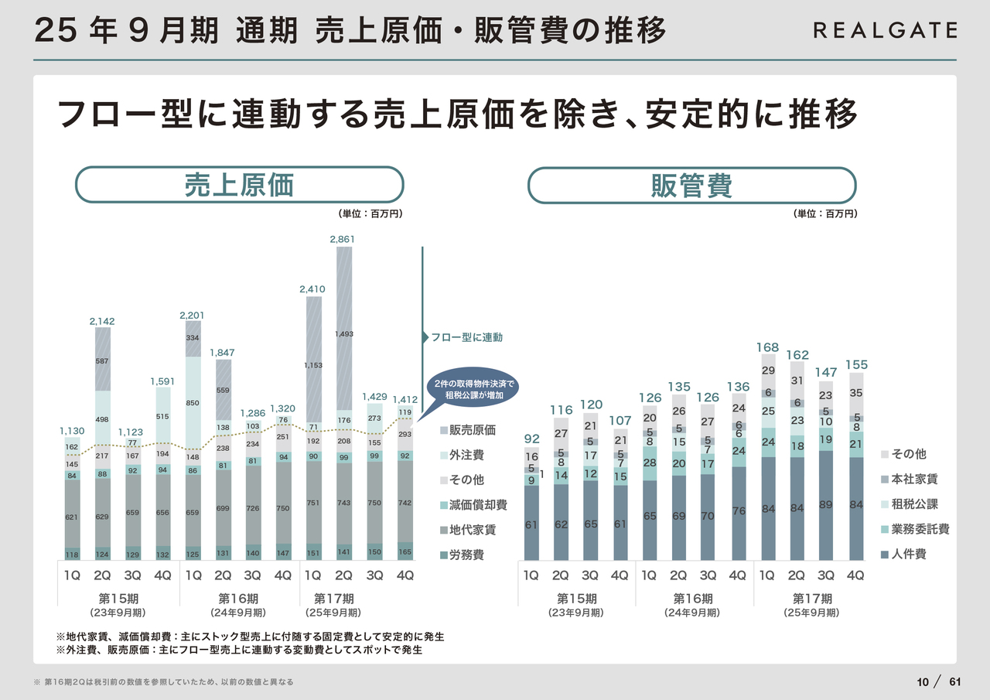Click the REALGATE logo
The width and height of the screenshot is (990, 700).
click(885, 30)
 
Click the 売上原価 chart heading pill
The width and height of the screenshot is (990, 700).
click(239, 186)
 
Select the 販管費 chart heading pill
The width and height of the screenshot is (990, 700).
click(691, 186)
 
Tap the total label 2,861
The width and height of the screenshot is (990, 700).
click(342, 240)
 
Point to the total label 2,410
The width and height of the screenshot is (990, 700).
click(312, 289)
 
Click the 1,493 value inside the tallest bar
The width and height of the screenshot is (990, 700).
click(344, 334)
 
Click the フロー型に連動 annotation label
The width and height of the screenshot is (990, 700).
click(466, 337)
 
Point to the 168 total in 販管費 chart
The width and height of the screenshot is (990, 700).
click(767, 348)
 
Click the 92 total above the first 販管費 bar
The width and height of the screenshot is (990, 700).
click(531, 439)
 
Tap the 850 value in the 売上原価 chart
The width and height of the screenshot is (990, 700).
click(193, 403)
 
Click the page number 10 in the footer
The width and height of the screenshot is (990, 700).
click(922, 681)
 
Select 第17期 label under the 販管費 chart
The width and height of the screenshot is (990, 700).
click(812, 599)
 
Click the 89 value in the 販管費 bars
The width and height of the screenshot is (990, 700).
click(826, 505)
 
